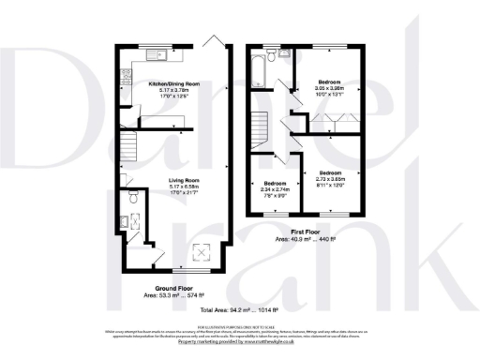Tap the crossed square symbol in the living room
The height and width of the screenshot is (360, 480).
pos(201,251)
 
